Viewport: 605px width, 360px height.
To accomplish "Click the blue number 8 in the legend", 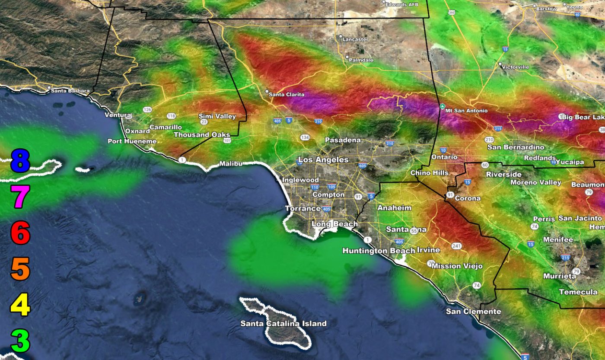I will [20, 161].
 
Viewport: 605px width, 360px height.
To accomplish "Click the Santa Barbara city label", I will [70, 91].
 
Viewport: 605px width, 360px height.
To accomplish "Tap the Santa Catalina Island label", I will [283, 323].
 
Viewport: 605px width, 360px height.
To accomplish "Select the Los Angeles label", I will [323, 160].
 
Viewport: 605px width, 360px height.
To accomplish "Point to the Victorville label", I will [515, 67].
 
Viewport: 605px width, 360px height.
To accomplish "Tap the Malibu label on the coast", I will [231, 163].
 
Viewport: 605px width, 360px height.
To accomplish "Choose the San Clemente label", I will [474, 312].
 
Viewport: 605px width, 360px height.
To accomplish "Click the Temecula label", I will [578, 292].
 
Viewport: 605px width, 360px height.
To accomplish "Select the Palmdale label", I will [361, 60].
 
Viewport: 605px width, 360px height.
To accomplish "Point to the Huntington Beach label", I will [379, 251].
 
